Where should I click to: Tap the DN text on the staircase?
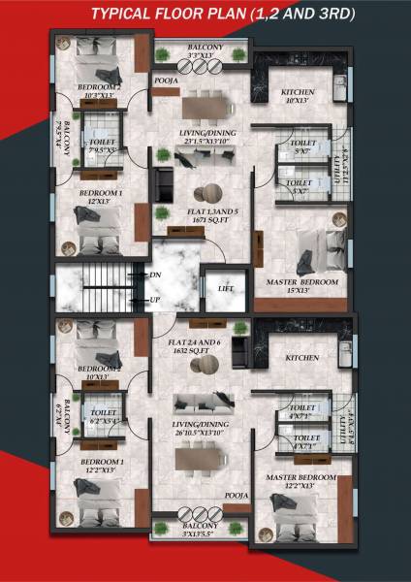[155, 275]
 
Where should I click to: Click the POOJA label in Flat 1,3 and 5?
[165, 81]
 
